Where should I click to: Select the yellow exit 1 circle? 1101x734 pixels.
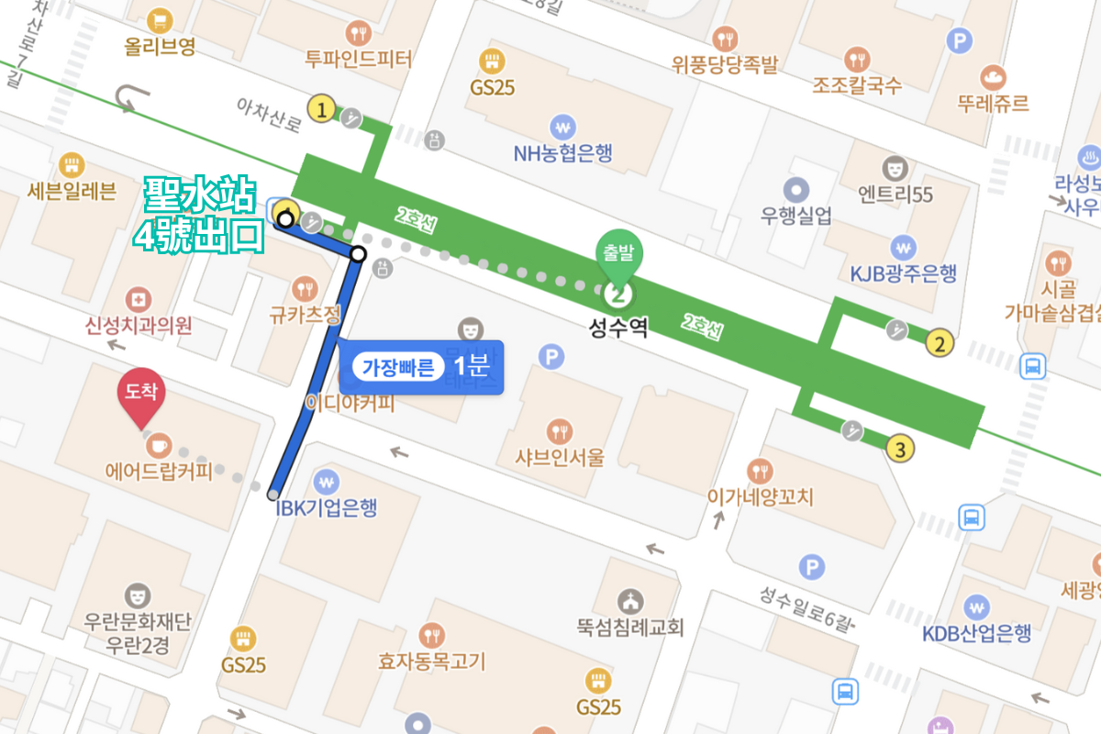click(x=320, y=110)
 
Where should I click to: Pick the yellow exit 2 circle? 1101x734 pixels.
click(x=938, y=344)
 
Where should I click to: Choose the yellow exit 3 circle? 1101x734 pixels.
click(x=901, y=450)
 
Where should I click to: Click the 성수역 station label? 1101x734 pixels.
click(x=618, y=328)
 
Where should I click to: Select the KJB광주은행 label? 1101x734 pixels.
click(x=903, y=272)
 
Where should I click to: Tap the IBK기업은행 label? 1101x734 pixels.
click(x=326, y=507)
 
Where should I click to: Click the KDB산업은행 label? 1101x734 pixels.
click(x=977, y=633)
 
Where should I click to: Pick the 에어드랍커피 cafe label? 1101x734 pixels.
click(x=159, y=472)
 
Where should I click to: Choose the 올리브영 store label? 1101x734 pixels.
click(x=161, y=46)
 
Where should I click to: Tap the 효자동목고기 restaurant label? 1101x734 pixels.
click(x=431, y=661)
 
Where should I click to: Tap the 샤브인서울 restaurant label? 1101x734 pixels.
click(x=560, y=458)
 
